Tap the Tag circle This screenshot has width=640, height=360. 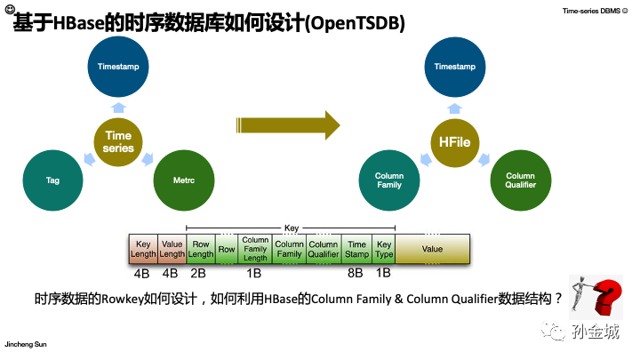(52, 180)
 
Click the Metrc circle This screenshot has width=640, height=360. (185, 180)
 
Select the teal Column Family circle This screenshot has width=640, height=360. (388, 180)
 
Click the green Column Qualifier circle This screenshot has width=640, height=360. (520, 180)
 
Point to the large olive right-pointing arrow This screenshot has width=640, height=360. (288, 124)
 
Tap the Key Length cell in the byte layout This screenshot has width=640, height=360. (142, 249)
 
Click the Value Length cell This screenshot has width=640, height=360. (171, 249)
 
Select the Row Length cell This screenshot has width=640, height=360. (200, 249)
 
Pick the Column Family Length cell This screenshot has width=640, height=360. (255, 249)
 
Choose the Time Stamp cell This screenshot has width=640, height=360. (356, 249)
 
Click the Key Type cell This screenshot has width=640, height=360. (384, 249)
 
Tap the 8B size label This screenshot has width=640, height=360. (356, 274)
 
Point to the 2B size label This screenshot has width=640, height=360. (199, 274)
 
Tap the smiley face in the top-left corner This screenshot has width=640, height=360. (8, 8)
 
